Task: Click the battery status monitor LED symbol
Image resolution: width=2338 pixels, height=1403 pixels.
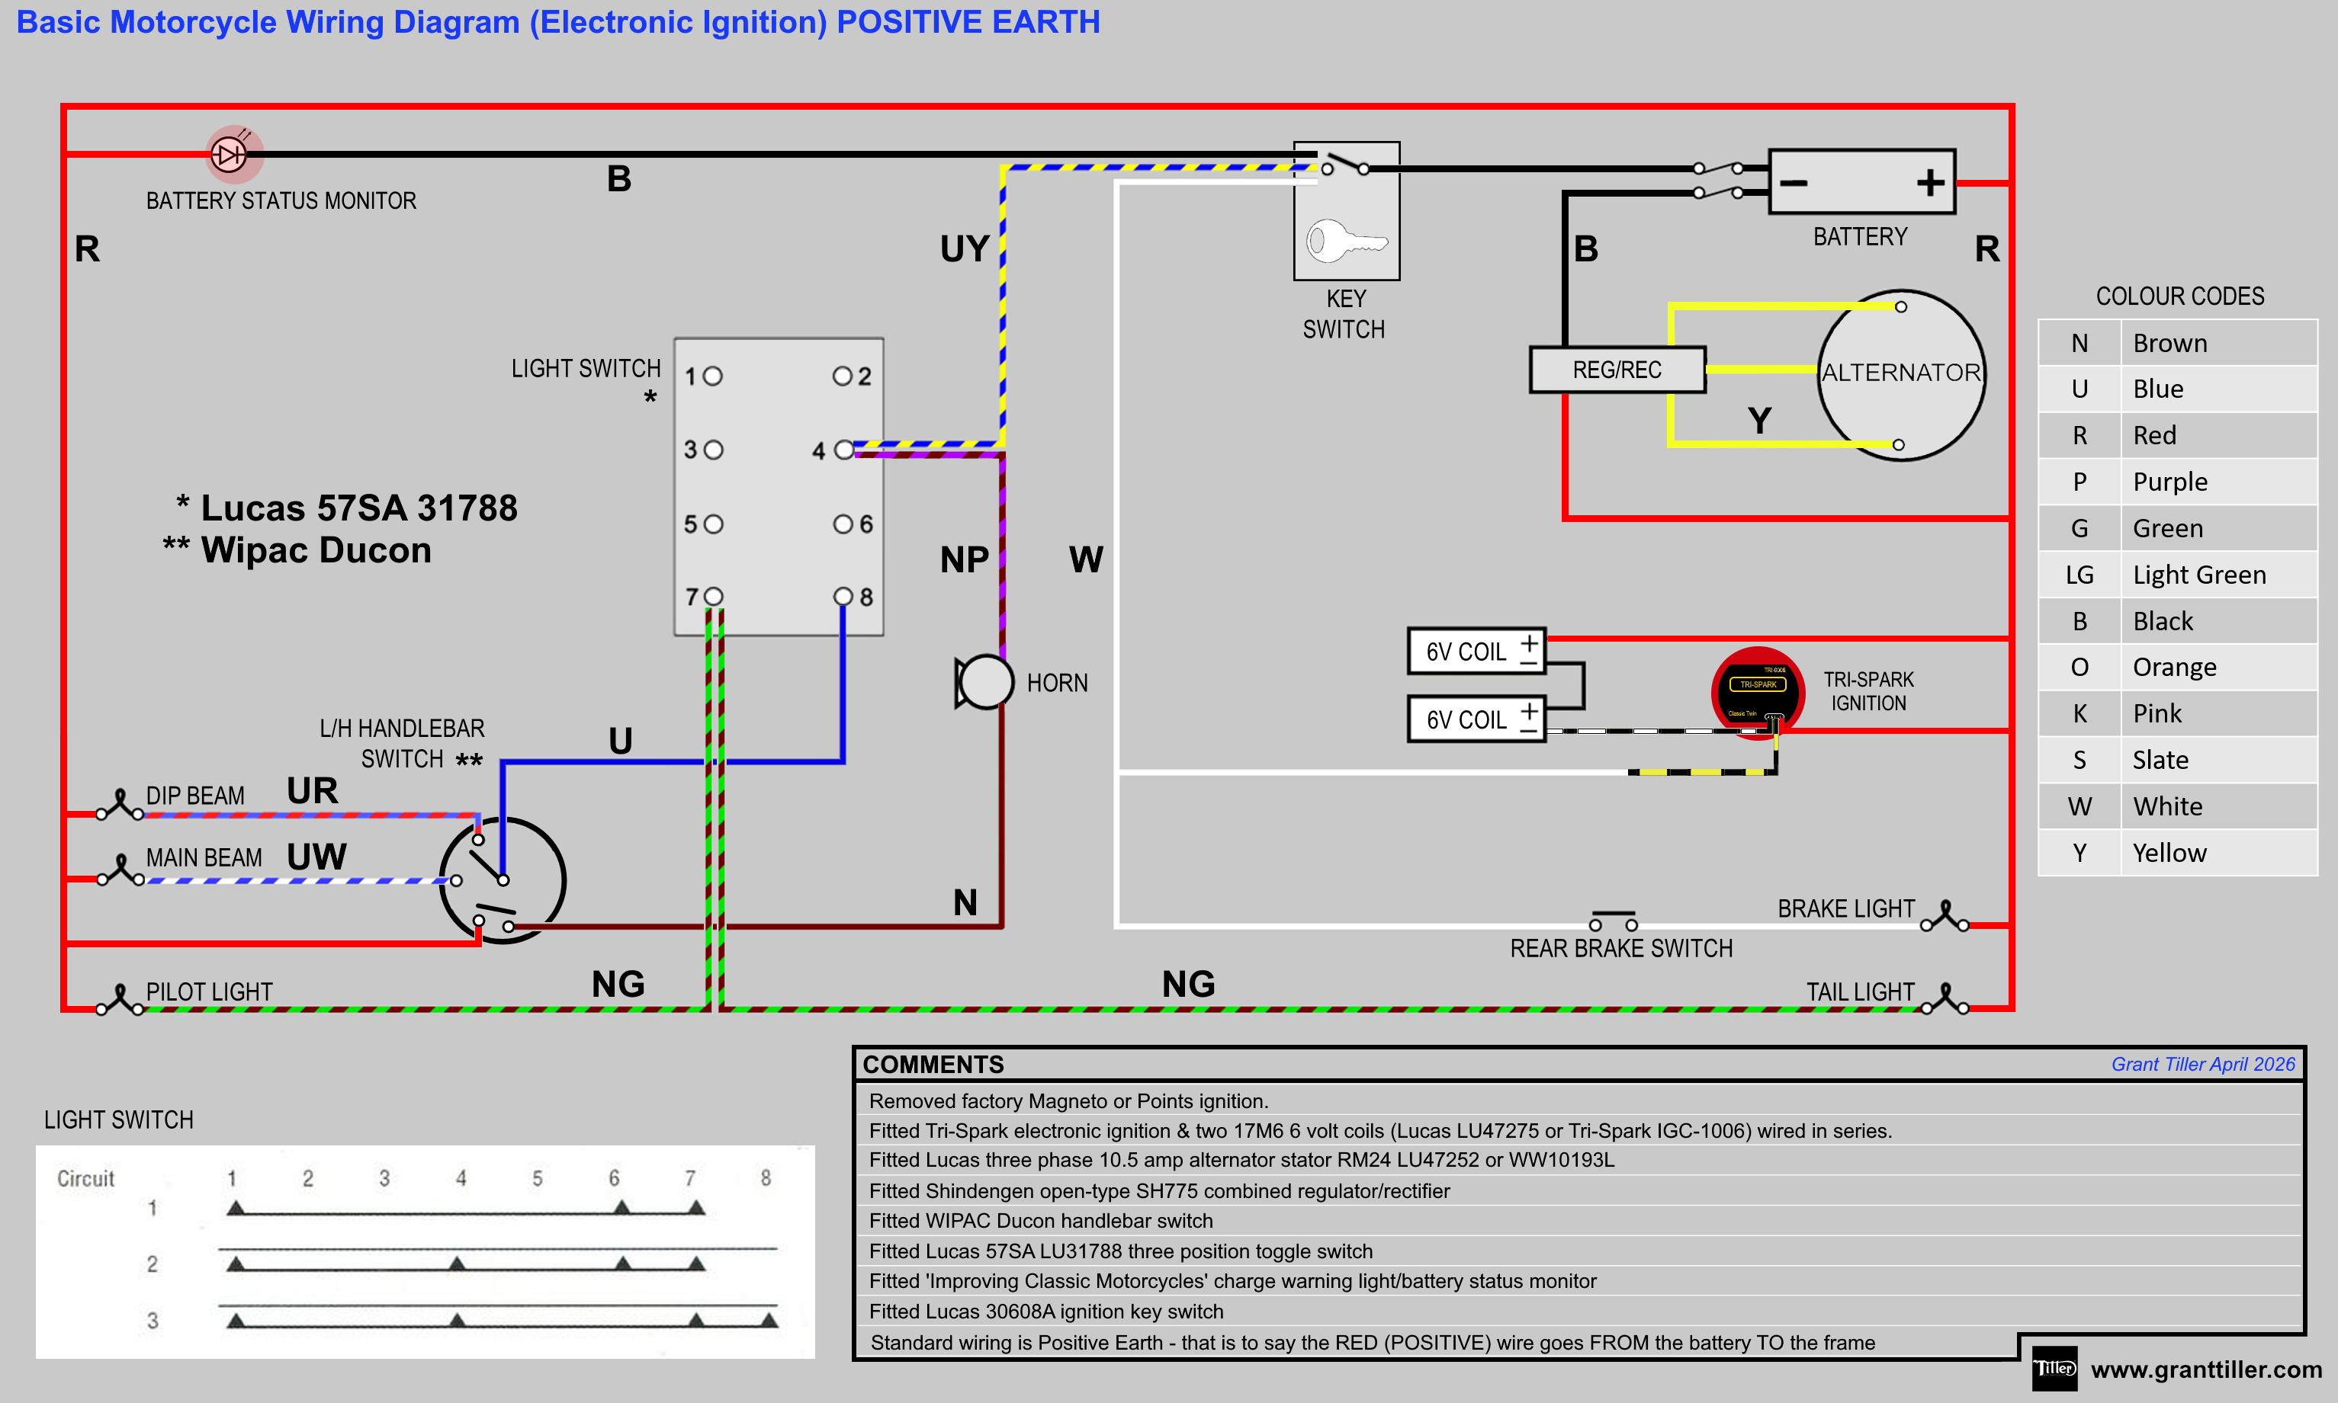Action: coord(229,154)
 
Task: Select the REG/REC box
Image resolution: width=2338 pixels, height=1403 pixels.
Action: coord(1617,370)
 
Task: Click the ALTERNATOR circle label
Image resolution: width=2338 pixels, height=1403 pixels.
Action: coord(1901,373)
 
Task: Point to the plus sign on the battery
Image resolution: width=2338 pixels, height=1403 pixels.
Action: coord(1930,182)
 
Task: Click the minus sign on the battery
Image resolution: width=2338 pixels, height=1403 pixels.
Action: coord(1794,182)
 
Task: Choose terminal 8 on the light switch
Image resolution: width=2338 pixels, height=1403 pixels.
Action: coord(843,597)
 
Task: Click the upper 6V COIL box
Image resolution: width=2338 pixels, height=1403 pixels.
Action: coord(1476,652)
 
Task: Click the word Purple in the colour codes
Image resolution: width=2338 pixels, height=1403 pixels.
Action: coord(2169,482)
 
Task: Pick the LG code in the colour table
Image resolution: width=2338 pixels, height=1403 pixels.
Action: coord(2079,575)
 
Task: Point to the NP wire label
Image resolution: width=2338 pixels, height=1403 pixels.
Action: coord(964,559)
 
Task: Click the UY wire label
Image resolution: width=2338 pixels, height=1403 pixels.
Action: coord(964,248)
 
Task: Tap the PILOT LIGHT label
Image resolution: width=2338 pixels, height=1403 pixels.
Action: coord(209,991)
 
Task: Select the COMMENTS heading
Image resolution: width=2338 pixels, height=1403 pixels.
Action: coord(933,1065)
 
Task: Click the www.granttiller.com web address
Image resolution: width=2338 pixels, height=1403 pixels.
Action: coord(2205,1369)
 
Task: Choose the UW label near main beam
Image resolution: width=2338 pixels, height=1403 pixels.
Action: coord(316,857)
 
